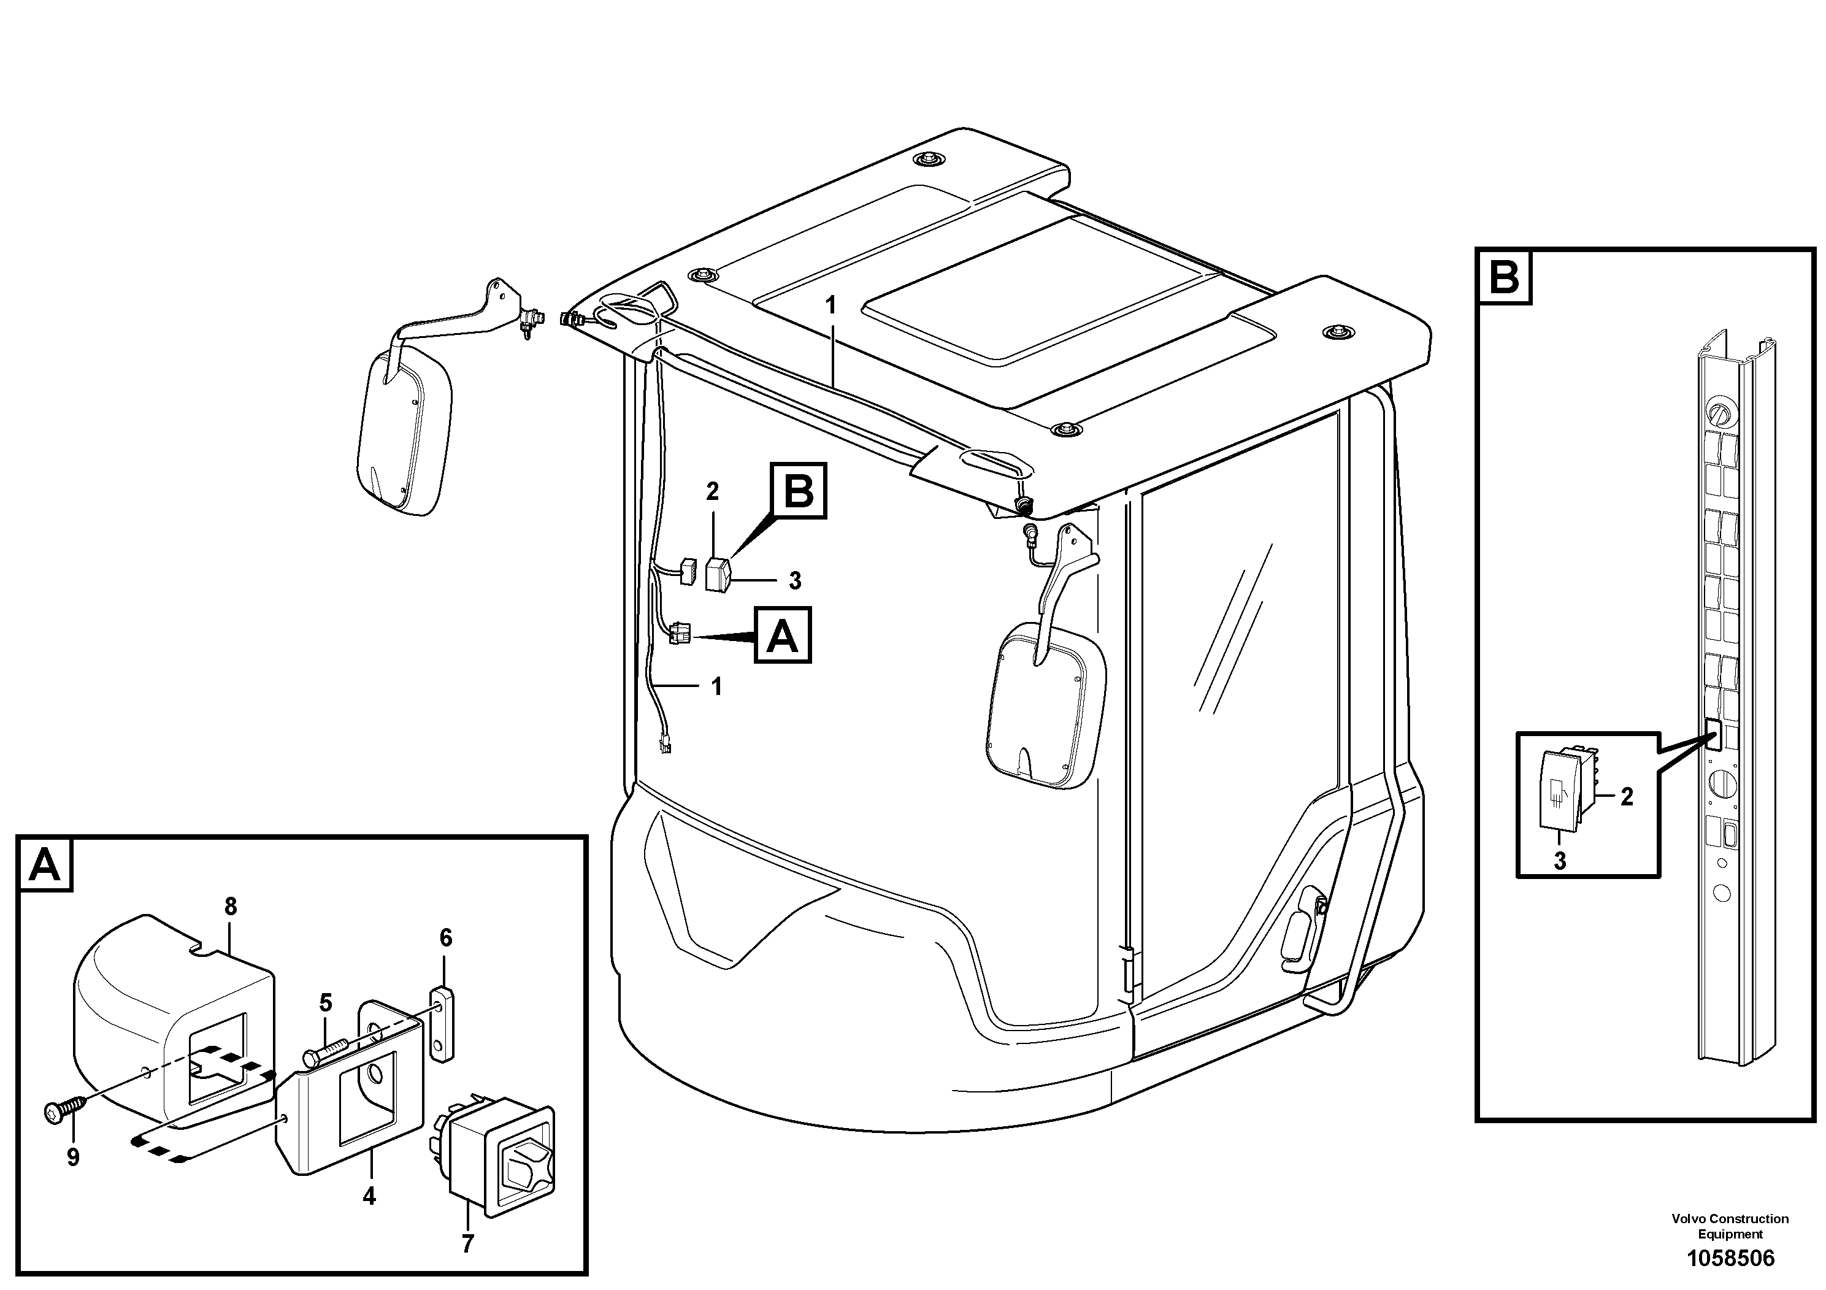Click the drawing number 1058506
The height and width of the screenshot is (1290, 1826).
click(1730, 1258)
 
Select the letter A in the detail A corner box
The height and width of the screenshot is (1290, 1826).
click(45, 864)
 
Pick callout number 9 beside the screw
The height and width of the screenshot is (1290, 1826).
click(73, 1157)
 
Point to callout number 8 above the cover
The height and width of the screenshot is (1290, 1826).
click(231, 906)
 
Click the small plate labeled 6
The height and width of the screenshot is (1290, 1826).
click(442, 1023)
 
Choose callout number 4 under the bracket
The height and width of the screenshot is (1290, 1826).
click(369, 1196)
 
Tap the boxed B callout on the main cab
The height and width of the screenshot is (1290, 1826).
click(799, 491)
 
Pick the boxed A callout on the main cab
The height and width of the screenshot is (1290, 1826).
click(783, 635)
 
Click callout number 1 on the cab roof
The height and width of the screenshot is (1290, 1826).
click(831, 305)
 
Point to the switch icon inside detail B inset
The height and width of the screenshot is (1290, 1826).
click(1558, 792)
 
